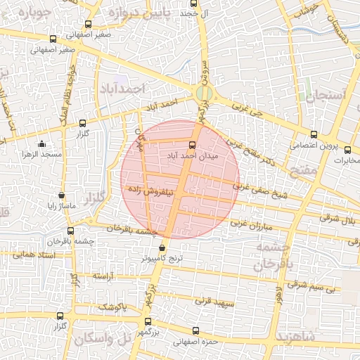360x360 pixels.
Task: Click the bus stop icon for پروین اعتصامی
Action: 314,135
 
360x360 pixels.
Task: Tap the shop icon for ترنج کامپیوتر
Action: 163,247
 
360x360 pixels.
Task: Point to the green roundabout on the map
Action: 204,92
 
